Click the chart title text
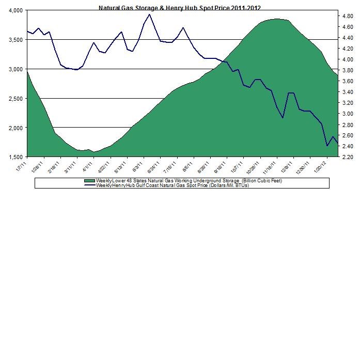[x=180, y=8]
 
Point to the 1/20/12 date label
[x=318, y=167]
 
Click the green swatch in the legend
[x=93, y=181]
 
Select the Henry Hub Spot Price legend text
[x=174, y=185]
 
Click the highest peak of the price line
[x=149, y=14]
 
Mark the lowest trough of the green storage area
[x=94, y=152]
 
